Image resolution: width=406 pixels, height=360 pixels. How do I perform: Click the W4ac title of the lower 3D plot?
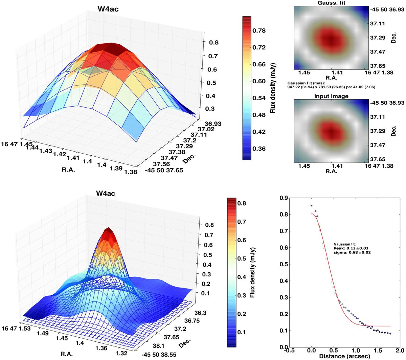point(106,194)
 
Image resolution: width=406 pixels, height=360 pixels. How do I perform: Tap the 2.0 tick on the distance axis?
point(400,350)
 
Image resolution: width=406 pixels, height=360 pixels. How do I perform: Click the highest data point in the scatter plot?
point(311,206)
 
